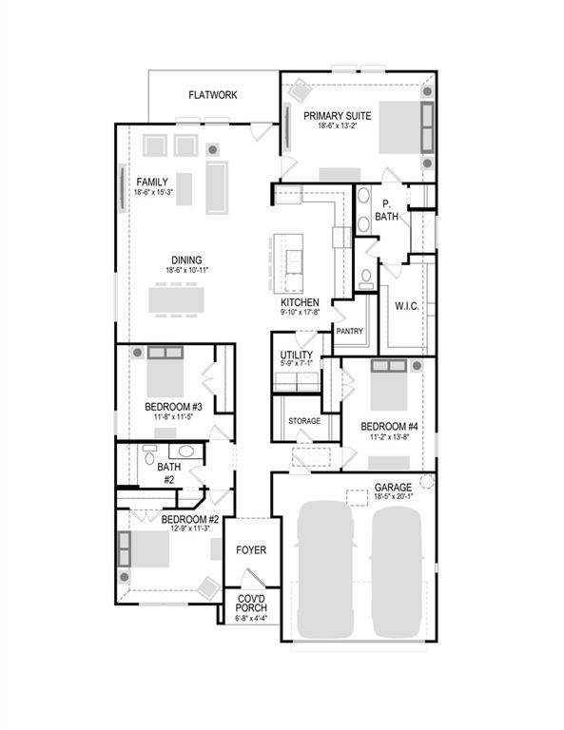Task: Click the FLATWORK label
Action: [x=212, y=95]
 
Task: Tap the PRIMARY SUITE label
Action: [x=337, y=116]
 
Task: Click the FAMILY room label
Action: [x=152, y=182]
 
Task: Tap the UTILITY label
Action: [x=296, y=355]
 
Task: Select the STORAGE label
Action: [x=303, y=420]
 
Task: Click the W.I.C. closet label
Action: [x=408, y=306]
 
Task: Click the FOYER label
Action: [x=251, y=549]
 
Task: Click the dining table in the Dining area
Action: [x=175, y=299]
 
